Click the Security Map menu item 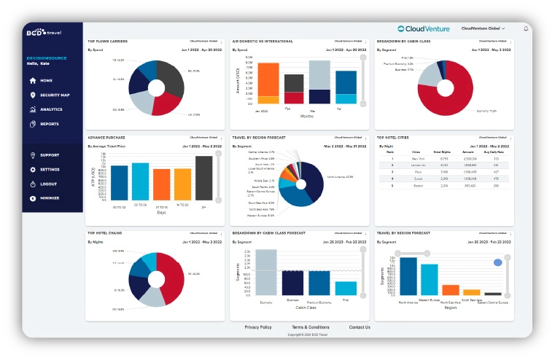[55, 95]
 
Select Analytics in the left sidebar [51, 109]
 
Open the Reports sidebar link [50, 124]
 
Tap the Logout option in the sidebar [48, 184]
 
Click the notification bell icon [526, 28]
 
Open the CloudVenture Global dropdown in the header [483, 28]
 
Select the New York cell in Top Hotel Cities [418, 158]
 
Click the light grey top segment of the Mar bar [319, 74]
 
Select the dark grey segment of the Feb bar [294, 82]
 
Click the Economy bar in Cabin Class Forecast [266, 271]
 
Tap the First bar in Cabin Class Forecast [346, 287]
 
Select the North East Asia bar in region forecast [451, 289]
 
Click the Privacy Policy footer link [258, 327]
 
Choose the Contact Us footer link [360, 327]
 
